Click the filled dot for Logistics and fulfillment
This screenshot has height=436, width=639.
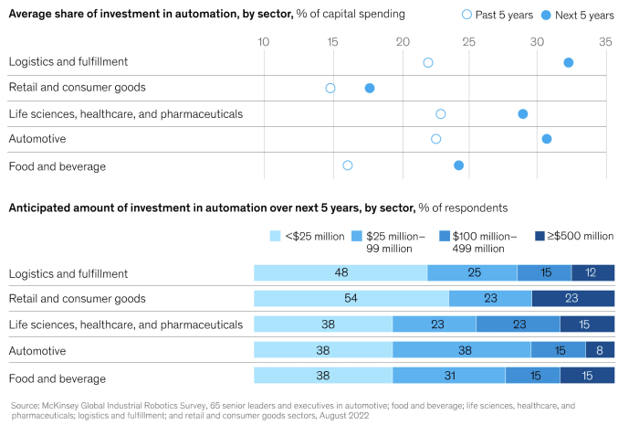(x=568, y=62)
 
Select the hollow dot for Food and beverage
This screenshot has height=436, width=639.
(x=348, y=165)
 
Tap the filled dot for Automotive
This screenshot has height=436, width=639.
(x=547, y=139)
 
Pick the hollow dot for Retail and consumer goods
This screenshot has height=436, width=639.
(x=330, y=88)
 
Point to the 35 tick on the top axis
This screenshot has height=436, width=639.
(x=605, y=42)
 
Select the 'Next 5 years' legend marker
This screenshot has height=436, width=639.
(x=546, y=15)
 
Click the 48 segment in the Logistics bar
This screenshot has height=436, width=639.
(x=340, y=272)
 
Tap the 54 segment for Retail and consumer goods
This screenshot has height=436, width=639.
(x=351, y=298)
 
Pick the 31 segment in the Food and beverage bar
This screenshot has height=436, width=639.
(x=449, y=375)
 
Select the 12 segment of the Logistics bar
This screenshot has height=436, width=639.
(x=593, y=272)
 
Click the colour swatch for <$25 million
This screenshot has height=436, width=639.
(x=276, y=236)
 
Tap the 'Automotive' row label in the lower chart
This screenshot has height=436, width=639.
(x=34, y=350)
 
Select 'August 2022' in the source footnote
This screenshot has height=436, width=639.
(x=344, y=415)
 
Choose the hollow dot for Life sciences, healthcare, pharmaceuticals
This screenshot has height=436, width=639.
(x=441, y=114)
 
